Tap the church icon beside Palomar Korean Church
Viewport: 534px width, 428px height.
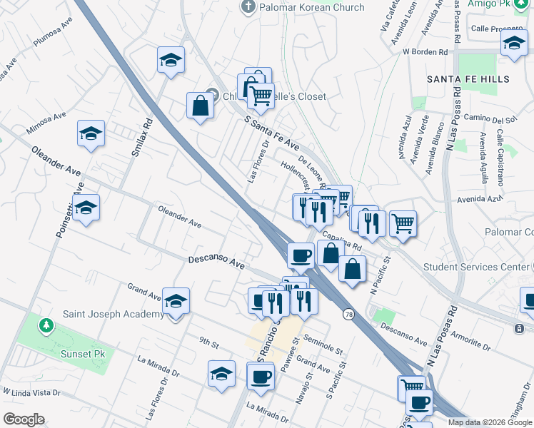(x=248, y=8)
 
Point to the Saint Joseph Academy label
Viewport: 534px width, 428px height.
(x=113, y=315)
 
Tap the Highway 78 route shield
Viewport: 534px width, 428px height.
(x=348, y=314)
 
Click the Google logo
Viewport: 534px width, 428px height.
(x=24, y=419)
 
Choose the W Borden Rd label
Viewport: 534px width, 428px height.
(x=425, y=52)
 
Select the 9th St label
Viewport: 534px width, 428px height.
(x=208, y=344)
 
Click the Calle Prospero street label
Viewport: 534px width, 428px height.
(x=497, y=29)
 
